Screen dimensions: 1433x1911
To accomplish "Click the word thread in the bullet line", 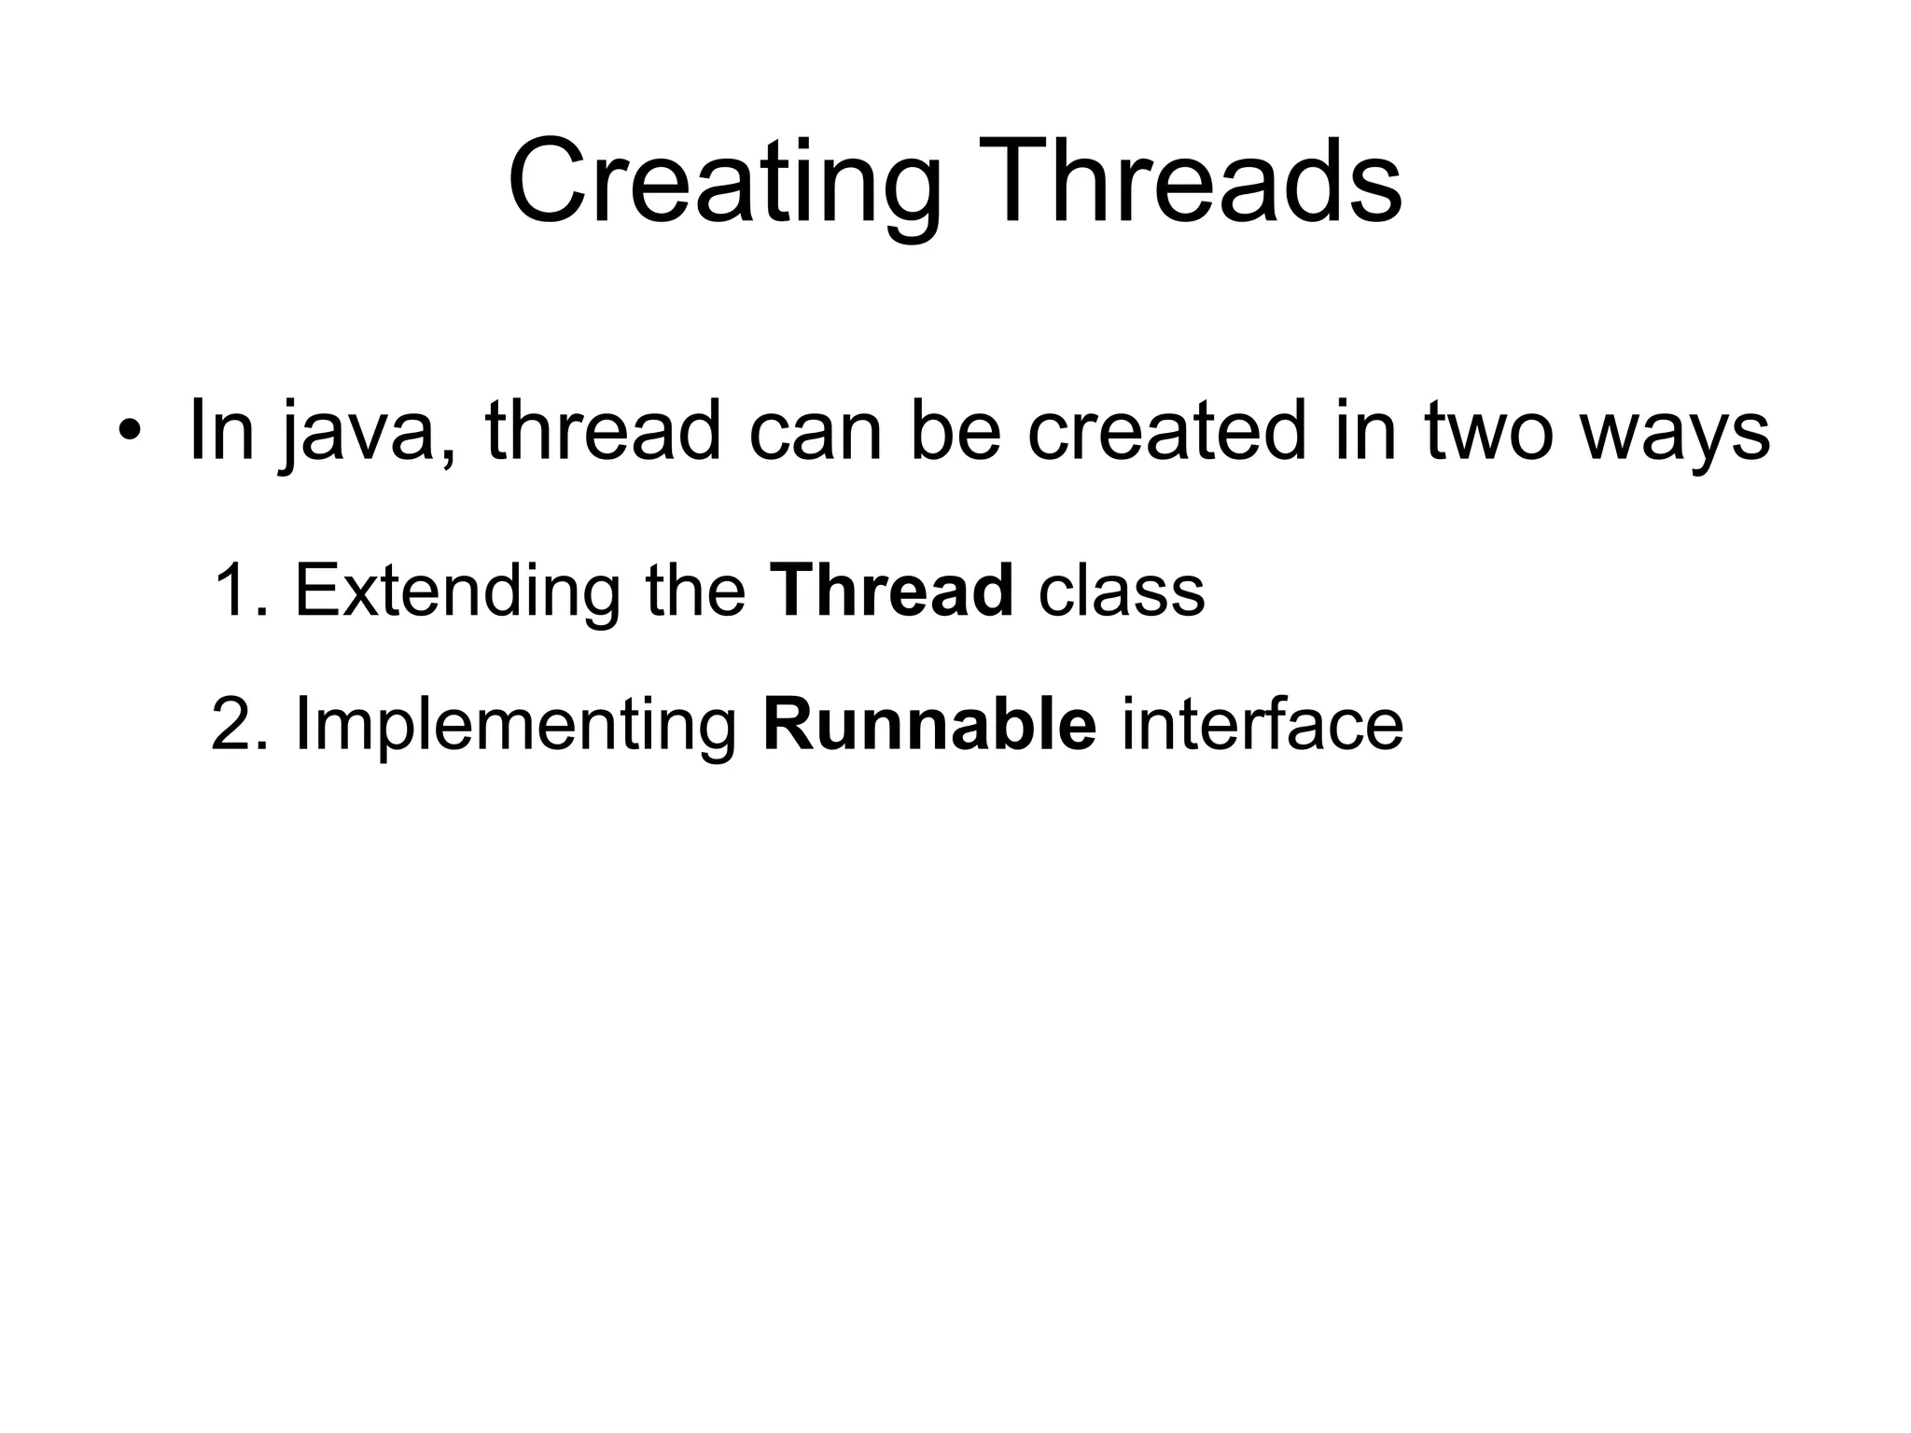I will pyautogui.click(x=603, y=431).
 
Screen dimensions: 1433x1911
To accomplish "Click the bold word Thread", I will pyautogui.click(x=892, y=591).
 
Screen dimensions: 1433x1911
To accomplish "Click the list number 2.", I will pyautogui.click(x=235, y=724).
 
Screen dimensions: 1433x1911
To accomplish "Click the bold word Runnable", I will pyautogui.click(x=929, y=724).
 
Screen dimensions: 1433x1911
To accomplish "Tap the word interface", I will pyautogui.click(x=1262, y=724).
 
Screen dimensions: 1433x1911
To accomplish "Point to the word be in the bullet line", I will pyautogui.click(x=955, y=431).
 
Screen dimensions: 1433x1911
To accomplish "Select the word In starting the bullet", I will pyautogui.click(x=221, y=431).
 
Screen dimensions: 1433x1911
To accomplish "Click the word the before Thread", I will pyautogui.click(x=696, y=591).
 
